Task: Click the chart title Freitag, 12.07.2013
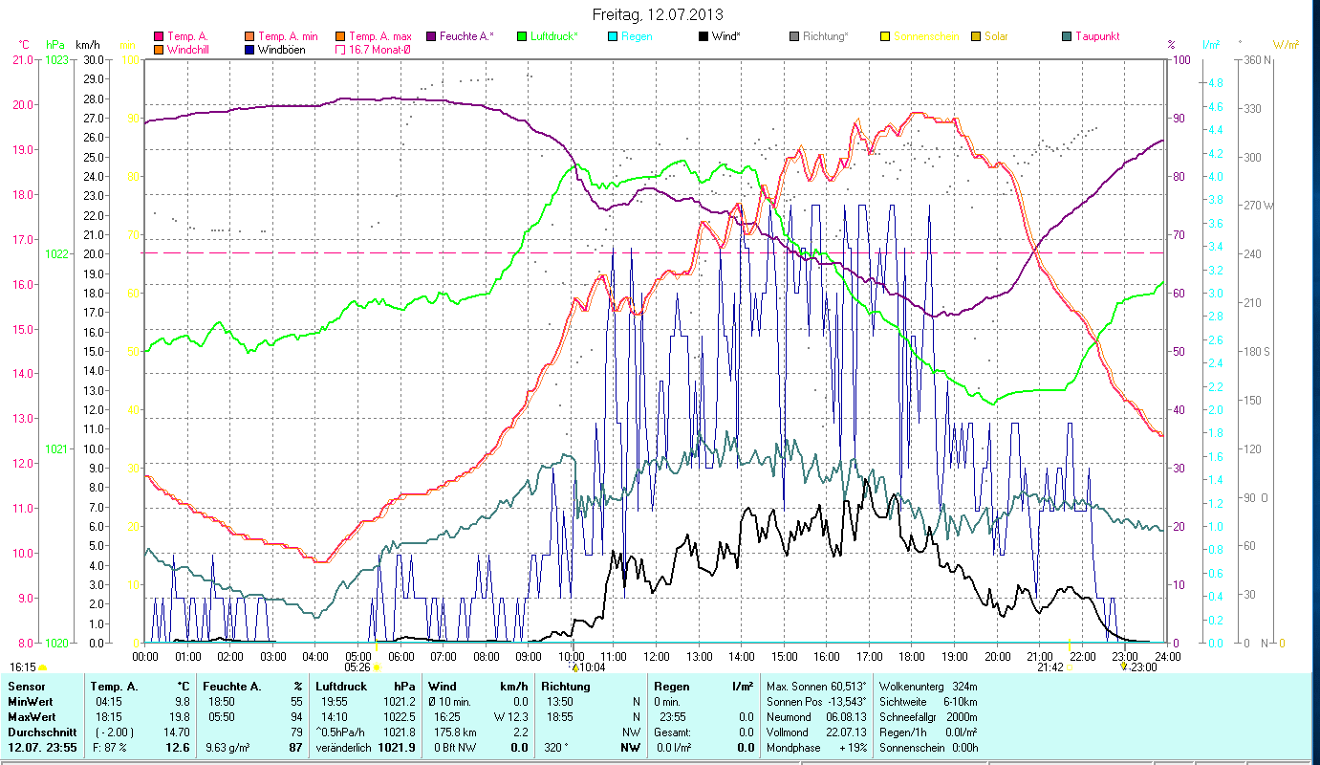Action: pos(658,14)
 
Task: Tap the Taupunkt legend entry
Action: pos(1096,36)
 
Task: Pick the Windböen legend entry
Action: pos(282,50)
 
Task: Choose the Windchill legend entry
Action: pos(190,50)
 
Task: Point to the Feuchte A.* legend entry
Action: pos(466,36)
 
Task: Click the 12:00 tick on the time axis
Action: pos(657,656)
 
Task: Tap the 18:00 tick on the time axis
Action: pos(912,656)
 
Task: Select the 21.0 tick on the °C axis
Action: pos(21,59)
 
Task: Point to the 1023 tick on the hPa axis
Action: pos(56,59)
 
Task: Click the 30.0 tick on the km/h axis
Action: pos(94,59)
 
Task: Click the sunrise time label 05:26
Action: pos(357,667)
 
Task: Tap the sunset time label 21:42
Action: pos(1050,667)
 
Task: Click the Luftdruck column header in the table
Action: pos(341,686)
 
